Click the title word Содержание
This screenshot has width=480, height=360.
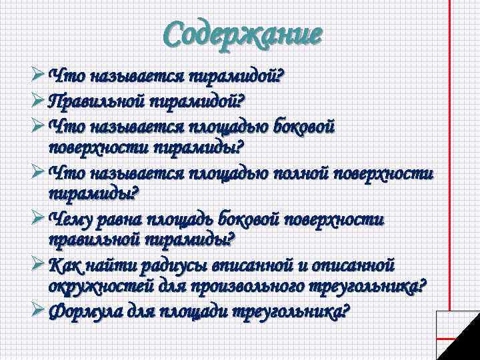coord(243,33)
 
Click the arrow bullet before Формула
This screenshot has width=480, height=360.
coord(39,311)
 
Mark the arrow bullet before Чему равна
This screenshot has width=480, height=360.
coord(39,218)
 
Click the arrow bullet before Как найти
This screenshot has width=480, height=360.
coord(39,264)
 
